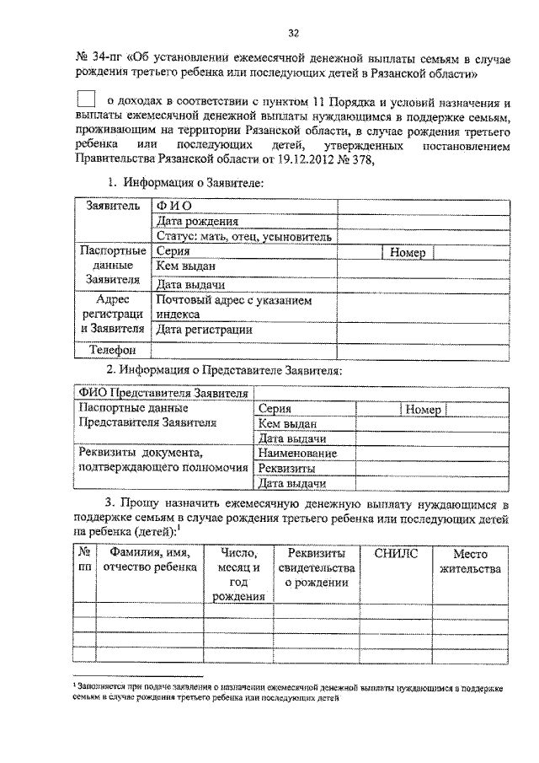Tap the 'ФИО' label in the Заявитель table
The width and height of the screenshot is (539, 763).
point(173,207)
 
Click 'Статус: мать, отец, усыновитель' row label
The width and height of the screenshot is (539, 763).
point(244,237)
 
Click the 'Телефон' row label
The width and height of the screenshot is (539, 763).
point(113,349)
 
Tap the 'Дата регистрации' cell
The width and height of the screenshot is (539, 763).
point(204,330)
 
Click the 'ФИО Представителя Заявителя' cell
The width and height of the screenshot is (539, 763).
point(163,393)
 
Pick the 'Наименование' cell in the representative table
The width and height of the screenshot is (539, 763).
point(297,454)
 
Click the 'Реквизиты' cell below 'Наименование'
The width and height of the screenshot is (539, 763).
point(286,469)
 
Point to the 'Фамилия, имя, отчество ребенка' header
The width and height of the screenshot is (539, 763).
point(149,561)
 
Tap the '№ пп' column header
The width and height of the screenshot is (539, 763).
point(84,561)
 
